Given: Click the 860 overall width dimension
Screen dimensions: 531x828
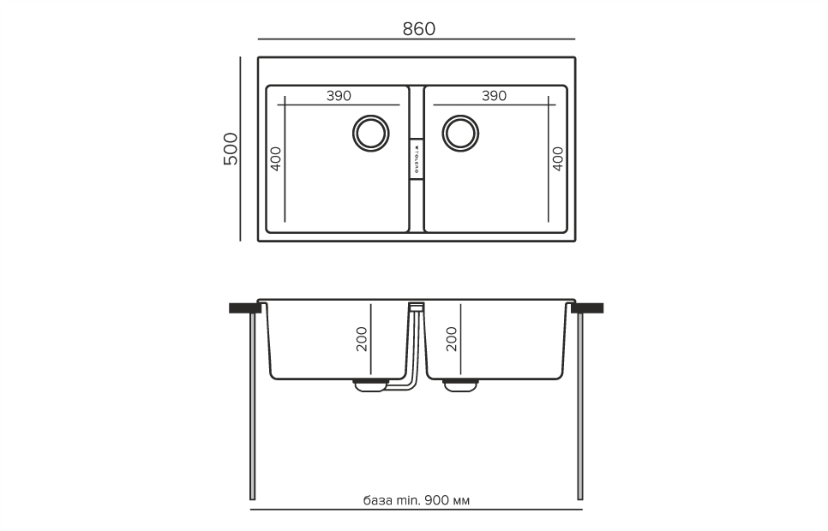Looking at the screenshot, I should (418, 28).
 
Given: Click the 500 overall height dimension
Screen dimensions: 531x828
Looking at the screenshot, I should (230, 150).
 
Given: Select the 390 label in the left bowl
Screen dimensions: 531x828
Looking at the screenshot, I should (339, 96).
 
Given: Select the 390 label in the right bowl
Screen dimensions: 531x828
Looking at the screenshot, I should (494, 96).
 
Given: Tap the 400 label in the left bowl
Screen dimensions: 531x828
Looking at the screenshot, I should (276, 158).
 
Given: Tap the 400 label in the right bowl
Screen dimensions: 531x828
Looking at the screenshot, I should (558, 158).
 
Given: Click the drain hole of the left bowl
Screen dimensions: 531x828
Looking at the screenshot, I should (371, 132).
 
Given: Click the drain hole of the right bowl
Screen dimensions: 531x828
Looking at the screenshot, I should (460, 132).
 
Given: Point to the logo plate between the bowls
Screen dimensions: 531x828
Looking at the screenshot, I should (416, 158).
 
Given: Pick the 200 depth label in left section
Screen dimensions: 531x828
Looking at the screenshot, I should (362, 340).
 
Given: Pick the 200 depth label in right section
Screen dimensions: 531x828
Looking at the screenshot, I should (452, 340).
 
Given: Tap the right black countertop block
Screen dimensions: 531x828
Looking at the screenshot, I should (589, 307).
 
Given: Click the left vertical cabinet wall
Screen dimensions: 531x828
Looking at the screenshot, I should (252, 407).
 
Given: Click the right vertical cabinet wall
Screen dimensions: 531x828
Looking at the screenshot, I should (581, 407).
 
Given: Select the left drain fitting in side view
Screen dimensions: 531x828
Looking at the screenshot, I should (370, 385).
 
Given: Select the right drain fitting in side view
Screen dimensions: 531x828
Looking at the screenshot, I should (461, 385).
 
